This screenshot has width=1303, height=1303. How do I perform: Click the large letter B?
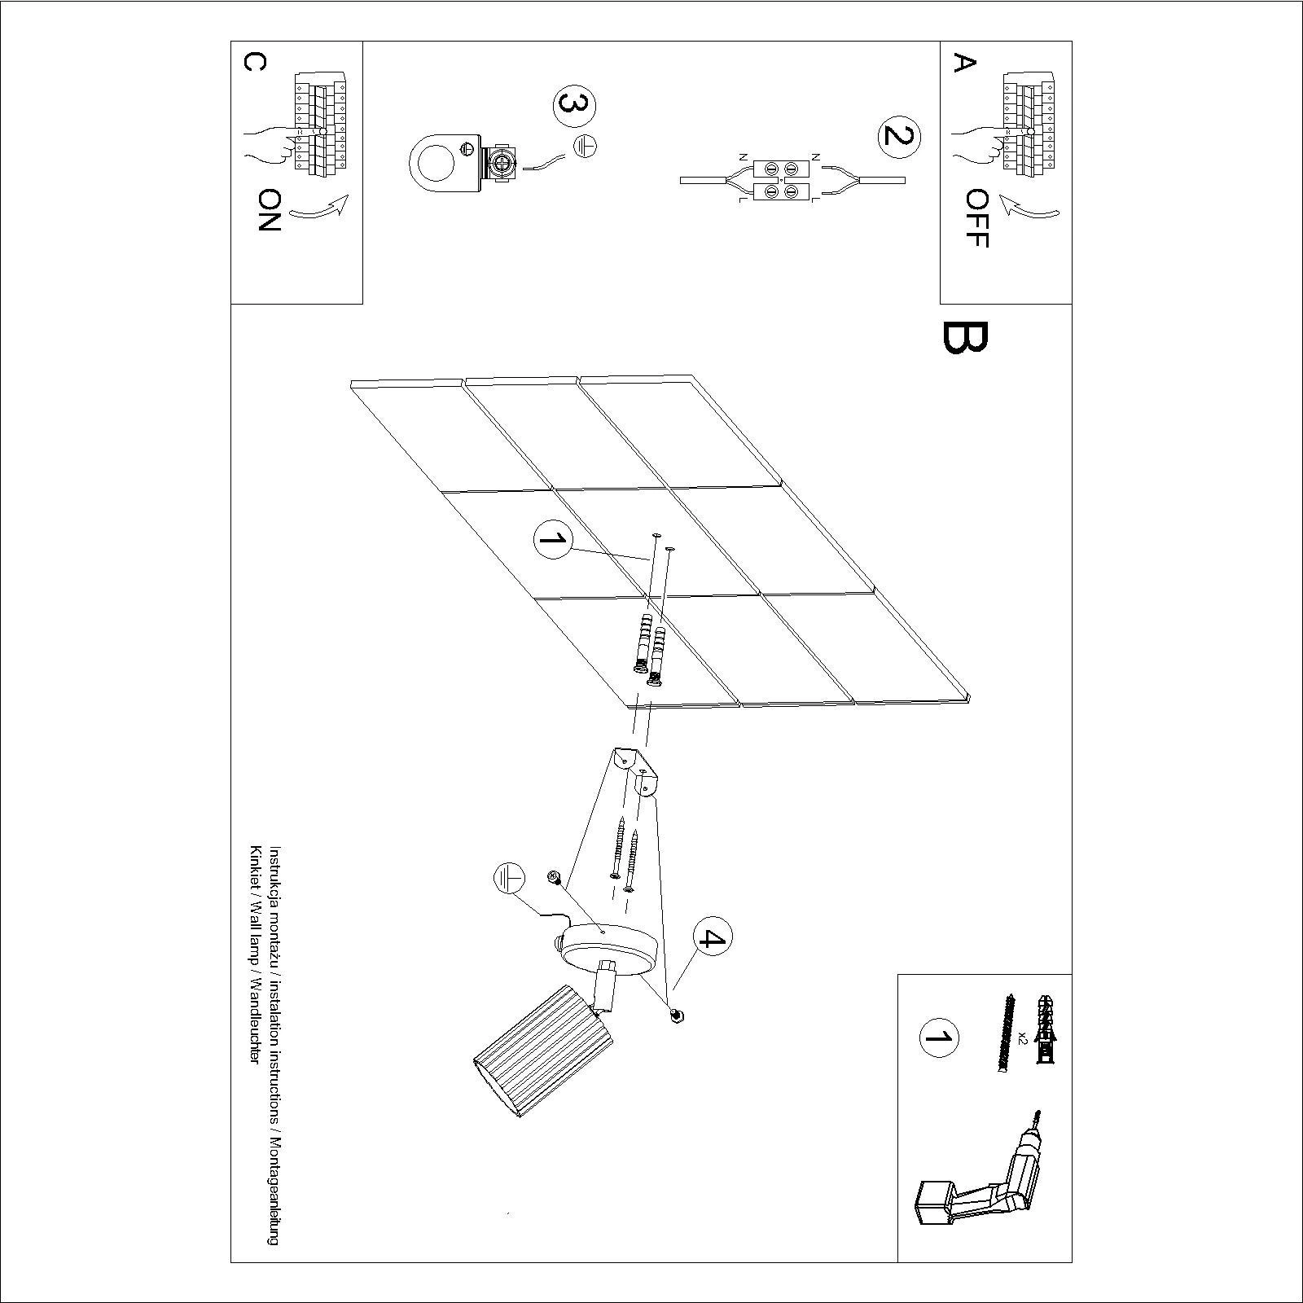coord(965,337)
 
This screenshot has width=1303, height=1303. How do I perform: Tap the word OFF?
coord(976,218)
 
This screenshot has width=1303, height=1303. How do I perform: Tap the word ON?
coord(269,210)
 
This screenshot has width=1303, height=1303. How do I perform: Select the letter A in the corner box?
coord(964,63)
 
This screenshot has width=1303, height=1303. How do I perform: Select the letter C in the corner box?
coord(253,63)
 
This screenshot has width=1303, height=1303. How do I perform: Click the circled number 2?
coord(899,136)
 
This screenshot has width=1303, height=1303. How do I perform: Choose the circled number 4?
coord(712,939)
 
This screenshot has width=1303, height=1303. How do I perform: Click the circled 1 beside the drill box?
coord(938,1038)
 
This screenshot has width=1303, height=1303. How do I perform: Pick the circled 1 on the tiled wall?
coord(553,541)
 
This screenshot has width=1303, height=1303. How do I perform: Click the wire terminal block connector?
coord(780,180)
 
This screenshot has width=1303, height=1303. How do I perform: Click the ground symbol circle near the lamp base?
coord(509,880)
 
